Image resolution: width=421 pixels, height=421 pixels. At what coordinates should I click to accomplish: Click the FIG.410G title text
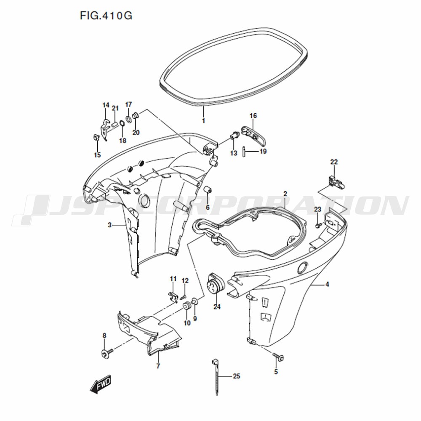(x=106, y=16)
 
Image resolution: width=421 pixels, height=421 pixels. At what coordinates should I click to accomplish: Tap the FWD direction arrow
(x=101, y=384)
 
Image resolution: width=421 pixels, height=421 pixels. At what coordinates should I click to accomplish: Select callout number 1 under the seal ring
(x=203, y=121)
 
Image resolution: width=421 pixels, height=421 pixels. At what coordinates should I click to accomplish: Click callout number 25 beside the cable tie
(x=236, y=376)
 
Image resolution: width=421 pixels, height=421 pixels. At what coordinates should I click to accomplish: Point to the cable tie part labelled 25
(x=216, y=376)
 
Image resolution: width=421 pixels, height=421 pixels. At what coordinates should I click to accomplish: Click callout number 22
(x=334, y=162)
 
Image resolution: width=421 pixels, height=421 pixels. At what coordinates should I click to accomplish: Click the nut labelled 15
(x=96, y=138)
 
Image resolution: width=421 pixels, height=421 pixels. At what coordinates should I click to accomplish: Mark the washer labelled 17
(x=128, y=118)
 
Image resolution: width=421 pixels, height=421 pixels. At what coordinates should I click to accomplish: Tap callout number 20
(x=136, y=133)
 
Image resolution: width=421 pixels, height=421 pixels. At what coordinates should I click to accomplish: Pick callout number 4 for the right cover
(x=327, y=284)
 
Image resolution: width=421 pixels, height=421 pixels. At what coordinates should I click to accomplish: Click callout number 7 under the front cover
(x=158, y=366)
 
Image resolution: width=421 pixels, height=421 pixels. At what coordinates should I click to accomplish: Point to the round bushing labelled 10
(x=187, y=306)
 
